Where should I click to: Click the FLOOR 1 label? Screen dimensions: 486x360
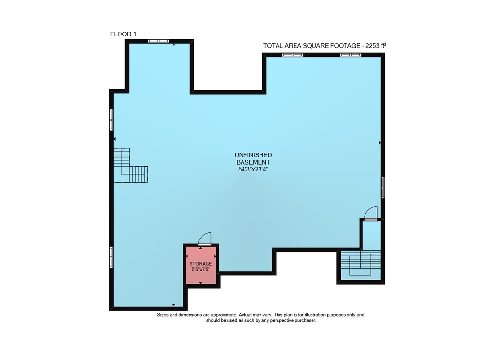pos(123,34)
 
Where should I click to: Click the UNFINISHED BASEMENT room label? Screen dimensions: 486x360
pos(253,158)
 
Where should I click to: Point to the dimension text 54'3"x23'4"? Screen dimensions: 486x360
pos(253,169)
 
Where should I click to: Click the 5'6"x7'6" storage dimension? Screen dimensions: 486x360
pos(201,269)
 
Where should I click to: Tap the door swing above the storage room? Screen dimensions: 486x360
pos(205,239)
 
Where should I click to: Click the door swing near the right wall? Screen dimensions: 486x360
pos(371,213)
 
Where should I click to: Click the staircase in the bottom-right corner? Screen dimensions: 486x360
pos(361,263)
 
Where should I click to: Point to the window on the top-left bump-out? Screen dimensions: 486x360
pos(158,41)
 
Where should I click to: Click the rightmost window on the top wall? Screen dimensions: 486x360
pos(350,55)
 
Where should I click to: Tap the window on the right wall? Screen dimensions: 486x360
pos(383,188)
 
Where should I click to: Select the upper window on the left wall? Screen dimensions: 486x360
pos(111,120)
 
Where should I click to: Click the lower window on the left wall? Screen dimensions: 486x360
pos(111,257)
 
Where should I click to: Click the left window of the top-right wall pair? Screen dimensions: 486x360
pos(293,55)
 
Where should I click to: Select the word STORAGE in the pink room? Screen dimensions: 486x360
pos(201,264)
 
